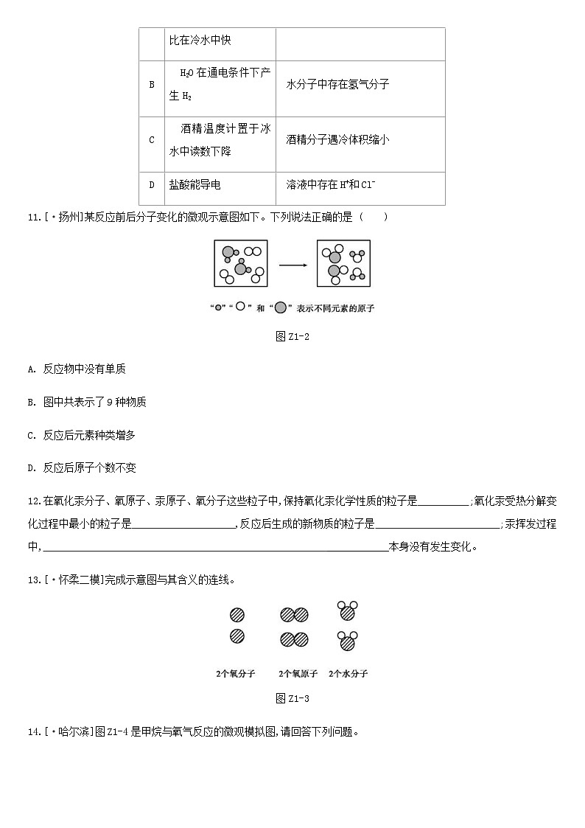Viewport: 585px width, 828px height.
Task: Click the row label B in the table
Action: [152, 85]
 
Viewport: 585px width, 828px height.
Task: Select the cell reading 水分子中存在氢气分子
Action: [337, 85]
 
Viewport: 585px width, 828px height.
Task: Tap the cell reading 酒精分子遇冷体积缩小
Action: [337, 139]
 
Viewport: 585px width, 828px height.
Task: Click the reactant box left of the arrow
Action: [241, 263]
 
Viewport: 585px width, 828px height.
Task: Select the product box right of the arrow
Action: [343, 263]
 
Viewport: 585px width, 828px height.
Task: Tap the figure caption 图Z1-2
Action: [292, 336]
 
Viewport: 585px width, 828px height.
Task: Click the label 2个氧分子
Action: [236, 674]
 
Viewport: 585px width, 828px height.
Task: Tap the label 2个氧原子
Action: [298, 674]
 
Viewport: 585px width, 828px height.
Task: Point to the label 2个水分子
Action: [348, 674]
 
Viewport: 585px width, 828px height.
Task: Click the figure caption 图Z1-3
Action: [292, 698]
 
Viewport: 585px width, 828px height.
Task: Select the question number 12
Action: [33, 501]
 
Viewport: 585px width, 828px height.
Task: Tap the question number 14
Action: [33, 732]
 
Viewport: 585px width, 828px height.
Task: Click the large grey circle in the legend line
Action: [281, 308]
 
